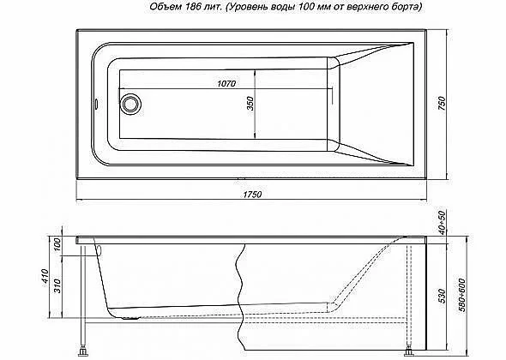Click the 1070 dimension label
point(226,84)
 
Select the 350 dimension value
point(250,104)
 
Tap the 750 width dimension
point(442,103)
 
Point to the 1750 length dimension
point(252,195)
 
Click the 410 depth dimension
point(45,277)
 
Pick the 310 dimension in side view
point(57,286)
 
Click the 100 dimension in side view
point(57,245)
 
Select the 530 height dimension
point(442,296)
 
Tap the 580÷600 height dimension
point(461,295)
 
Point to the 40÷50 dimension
point(442,222)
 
